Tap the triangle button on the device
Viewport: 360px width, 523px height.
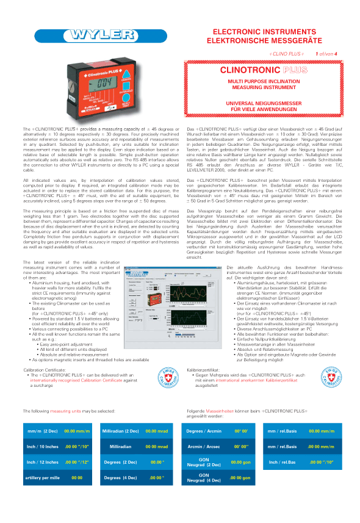tap(126, 79)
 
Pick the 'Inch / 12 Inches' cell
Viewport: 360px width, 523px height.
tap(41, 462)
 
